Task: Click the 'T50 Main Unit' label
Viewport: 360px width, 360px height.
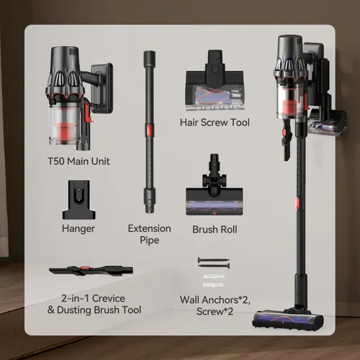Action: click(x=78, y=161)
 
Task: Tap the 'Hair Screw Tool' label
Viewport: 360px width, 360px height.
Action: click(x=215, y=122)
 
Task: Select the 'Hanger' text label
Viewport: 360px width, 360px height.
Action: click(x=78, y=229)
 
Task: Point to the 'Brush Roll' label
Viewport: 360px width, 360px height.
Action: click(x=215, y=230)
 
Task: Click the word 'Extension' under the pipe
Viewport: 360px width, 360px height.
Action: click(x=150, y=228)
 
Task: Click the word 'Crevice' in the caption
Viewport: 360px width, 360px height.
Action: click(x=109, y=299)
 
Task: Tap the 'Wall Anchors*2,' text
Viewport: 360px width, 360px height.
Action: click(x=215, y=300)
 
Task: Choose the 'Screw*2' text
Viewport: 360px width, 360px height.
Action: click(x=215, y=312)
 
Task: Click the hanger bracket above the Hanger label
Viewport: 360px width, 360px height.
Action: click(x=78, y=199)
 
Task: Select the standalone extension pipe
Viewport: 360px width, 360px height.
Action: click(x=149, y=132)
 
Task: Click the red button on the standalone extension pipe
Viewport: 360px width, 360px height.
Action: click(x=149, y=130)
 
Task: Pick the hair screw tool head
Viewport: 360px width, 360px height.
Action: click(x=215, y=81)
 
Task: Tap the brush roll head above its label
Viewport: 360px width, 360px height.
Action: click(x=215, y=185)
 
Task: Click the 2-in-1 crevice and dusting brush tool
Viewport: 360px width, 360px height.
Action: click(x=91, y=271)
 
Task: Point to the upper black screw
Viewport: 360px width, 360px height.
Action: click(x=214, y=260)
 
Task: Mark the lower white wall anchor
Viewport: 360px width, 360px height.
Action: click(x=213, y=285)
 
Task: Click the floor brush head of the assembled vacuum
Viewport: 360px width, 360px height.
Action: click(x=288, y=319)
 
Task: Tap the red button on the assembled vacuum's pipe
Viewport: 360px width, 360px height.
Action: click(x=297, y=203)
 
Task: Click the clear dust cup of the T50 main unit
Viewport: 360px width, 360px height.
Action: click(x=64, y=124)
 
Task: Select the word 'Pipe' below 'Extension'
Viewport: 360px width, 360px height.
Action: click(x=150, y=240)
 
